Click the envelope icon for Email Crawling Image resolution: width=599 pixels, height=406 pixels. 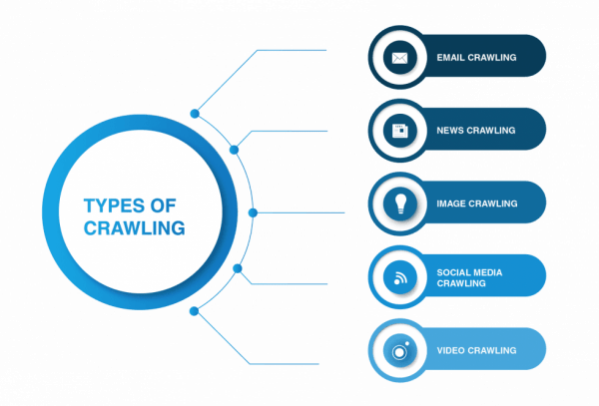(x=399, y=58)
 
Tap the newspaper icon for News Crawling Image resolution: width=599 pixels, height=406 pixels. (x=399, y=131)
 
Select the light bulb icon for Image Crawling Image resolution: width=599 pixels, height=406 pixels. (x=400, y=203)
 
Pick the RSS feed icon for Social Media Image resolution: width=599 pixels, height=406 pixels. (x=400, y=277)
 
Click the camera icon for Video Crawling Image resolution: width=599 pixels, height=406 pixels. (x=400, y=351)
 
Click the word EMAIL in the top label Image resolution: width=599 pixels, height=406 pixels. (x=451, y=58)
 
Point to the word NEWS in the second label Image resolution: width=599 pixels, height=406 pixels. (x=450, y=131)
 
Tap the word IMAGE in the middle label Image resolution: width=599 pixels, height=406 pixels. (x=451, y=203)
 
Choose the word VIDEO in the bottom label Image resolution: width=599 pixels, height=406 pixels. (x=451, y=350)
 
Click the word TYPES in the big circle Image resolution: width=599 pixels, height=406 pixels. (x=114, y=205)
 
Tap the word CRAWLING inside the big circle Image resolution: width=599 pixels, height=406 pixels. (x=135, y=228)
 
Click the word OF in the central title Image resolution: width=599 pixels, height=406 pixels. (x=163, y=205)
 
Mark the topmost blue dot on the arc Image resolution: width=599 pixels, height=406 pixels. (x=195, y=114)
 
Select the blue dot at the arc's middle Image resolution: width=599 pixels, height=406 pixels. (x=253, y=212)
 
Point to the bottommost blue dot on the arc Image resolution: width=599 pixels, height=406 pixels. (x=194, y=311)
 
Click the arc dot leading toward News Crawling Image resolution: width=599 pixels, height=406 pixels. (x=234, y=150)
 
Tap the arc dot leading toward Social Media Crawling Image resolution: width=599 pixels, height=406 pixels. (x=238, y=268)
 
